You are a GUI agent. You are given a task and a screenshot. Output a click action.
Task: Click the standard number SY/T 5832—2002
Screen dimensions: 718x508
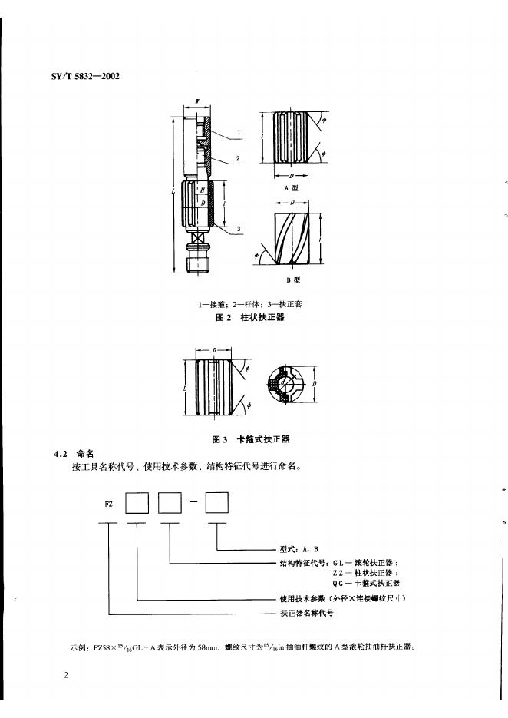[81, 76]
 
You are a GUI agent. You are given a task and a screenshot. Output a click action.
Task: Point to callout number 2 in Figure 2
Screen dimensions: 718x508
[239, 158]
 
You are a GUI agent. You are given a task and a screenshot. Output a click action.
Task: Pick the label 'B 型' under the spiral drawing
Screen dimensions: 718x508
[292, 282]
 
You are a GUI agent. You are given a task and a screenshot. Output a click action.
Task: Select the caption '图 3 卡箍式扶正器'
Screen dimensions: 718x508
[250, 440]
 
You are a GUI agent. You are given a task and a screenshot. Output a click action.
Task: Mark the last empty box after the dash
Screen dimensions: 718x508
[217, 504]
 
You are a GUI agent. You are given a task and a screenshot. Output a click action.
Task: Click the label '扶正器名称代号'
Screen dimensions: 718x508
[307, 614]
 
